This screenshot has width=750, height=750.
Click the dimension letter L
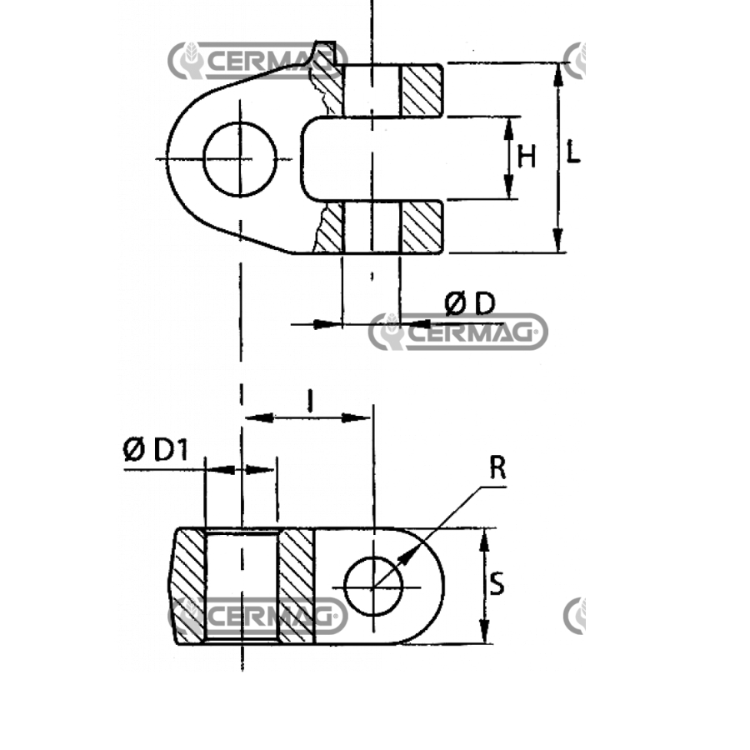click(572, 152)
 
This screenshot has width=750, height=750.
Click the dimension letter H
click(527, 157)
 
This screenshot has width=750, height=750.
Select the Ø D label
click(470, 303)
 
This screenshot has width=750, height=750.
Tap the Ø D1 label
click(156, 450)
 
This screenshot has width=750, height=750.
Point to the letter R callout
click(497, 467)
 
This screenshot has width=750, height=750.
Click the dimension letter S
click(497, 583)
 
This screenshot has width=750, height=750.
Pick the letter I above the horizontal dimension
click(311, 400)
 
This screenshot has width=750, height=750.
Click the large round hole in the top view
click(240, 159)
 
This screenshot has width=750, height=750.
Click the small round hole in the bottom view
click(373, 586)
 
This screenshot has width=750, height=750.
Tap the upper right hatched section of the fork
click(422, 90)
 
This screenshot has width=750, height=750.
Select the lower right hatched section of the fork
click(422, 227)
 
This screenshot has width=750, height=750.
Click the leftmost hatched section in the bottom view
click(188, 586)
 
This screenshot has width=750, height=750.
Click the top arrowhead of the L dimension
click(557, 75)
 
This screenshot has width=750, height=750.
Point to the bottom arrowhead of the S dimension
click(484, 632)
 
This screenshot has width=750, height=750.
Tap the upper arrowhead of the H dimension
click(509, 128)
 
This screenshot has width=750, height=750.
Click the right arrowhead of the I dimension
click(355, 418)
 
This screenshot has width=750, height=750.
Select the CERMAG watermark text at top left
click(267, 61)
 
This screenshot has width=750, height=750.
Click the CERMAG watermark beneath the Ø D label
click(468, 332)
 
